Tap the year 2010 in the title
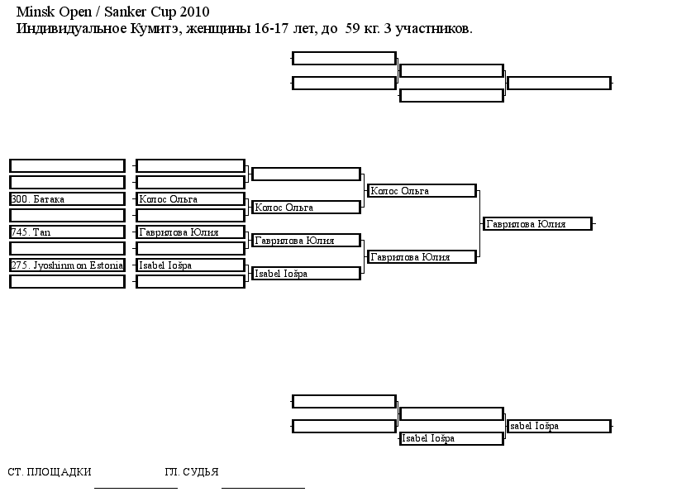[195, 12]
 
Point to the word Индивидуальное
[71, 29]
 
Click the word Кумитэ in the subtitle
[155, 29]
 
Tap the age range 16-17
[272, 28]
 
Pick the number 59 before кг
[352, 28]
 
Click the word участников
[434, 29]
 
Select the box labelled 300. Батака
[67, 199]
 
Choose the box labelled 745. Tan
[67, 232]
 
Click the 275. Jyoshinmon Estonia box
[67, 265]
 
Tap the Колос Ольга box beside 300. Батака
[190, 199]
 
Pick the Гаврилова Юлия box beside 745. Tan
[190, 232]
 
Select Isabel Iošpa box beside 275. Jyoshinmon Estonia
[190, 265]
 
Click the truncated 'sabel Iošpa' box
[560, 426]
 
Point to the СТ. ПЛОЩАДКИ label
[50, 471]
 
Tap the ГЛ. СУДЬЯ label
[192, 471]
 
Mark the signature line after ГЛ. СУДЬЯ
[263, 488]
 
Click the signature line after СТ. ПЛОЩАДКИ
[136, 488]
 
